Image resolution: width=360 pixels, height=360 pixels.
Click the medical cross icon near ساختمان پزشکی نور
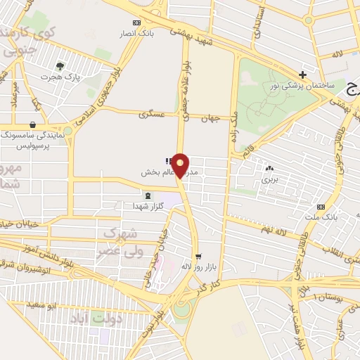pos(302,75)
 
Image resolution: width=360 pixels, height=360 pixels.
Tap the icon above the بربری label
pos(269,168)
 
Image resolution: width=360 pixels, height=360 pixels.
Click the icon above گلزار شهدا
pos(147,195)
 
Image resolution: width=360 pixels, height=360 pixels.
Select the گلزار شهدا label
pos(148,206)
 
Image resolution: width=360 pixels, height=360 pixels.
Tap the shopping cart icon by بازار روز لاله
pos(199,256)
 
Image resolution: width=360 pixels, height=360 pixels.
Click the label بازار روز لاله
pos(197,266)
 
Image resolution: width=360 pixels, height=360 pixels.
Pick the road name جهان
pos(213,117)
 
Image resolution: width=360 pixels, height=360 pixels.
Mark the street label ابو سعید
pos(41,304)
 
